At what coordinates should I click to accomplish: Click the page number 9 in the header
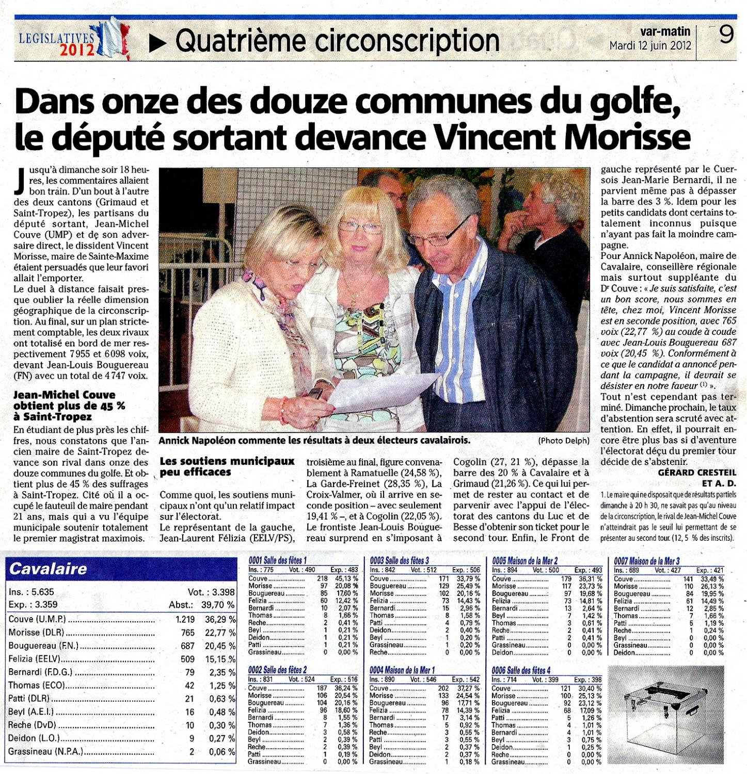click(x=726, y=36)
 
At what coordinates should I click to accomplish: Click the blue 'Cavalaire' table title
click(x=49, y=569)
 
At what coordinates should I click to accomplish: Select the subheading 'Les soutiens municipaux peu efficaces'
click(x=227, y=466)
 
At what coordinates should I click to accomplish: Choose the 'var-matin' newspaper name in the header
click(x=664, y=32)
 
